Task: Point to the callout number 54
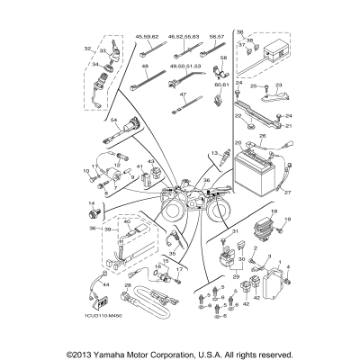tap(89, 120)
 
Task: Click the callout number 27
tap(289, 192)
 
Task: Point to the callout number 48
tap(144, 67)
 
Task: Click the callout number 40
tap(101, 222)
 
